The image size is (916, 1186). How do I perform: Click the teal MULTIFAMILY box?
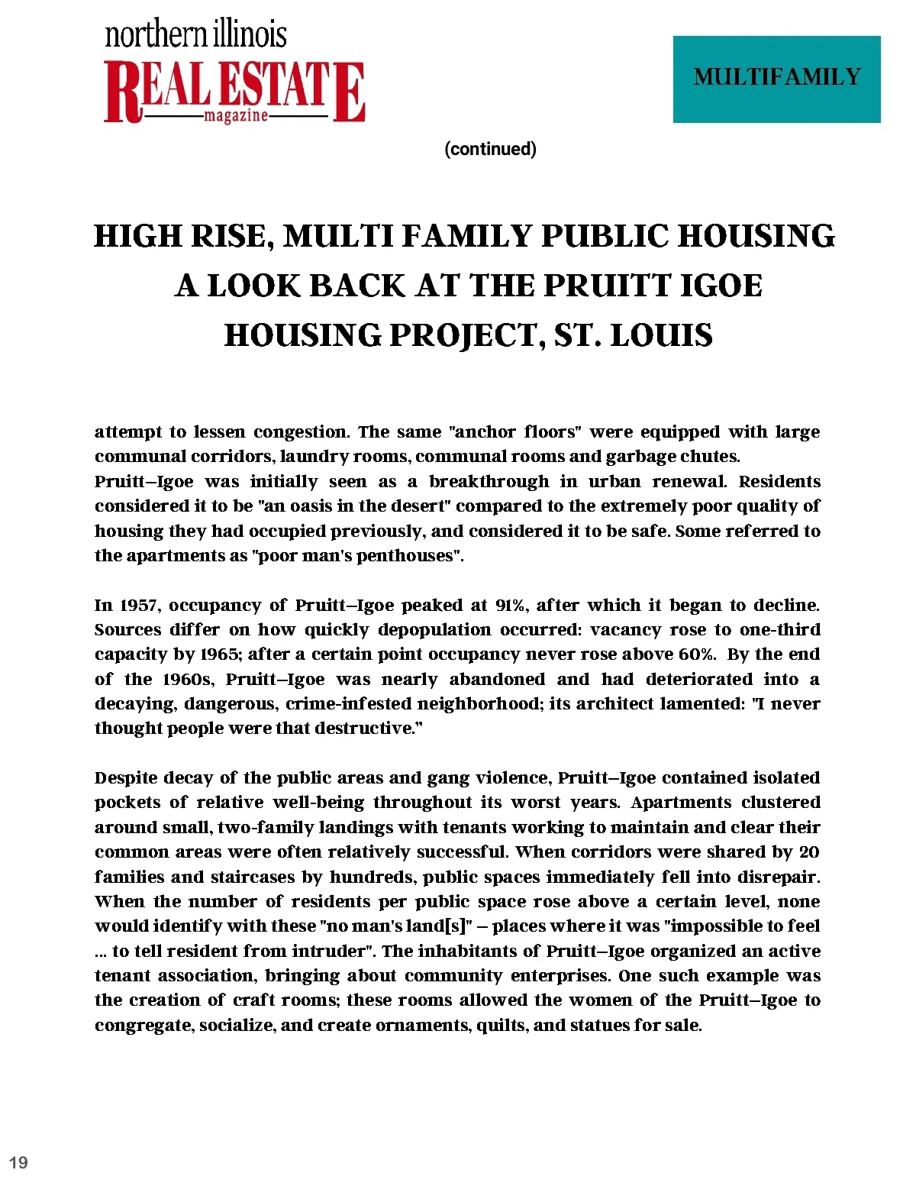click(x=776, y=79)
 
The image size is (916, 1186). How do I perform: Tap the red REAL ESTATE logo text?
click(x=234, y=89)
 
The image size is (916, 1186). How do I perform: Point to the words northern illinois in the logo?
click(x=196, y=35)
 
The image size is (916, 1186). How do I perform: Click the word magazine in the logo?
click(x=236, y=116)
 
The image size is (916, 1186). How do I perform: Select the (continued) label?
click(x=490, y=149)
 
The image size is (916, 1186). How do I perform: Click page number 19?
click(x=18, y=1162)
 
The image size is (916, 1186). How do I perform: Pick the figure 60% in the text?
click(x=697, y=654)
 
